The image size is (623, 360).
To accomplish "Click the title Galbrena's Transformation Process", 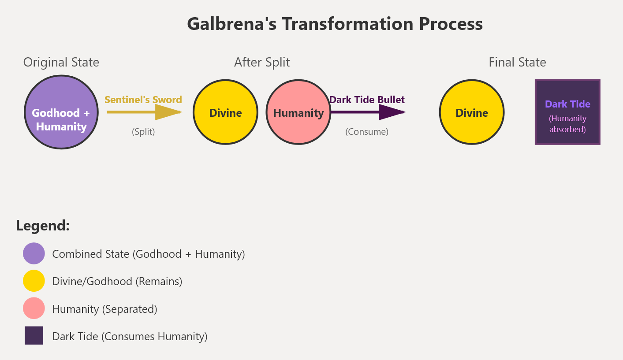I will (335, 23).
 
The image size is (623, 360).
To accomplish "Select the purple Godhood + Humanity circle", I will (61, 112).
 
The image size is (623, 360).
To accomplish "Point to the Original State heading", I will (61, 63).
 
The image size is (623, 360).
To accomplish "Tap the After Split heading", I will (262, 63).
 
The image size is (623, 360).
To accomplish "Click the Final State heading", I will (517, 63).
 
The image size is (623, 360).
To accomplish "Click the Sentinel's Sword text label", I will (143, 100).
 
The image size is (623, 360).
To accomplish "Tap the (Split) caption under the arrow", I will (143, 132).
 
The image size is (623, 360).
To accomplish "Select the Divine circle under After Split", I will (225, 112).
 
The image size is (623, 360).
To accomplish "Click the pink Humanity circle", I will (298, 112).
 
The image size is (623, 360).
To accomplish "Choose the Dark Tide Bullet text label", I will (367, 100).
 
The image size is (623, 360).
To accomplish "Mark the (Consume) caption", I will (367, 132).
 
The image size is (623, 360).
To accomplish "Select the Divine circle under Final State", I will (472, 112).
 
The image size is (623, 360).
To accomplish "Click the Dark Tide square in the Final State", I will (567, 112).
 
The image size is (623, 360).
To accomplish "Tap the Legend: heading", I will (43, 226).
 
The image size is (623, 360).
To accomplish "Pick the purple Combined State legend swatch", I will (34, 254).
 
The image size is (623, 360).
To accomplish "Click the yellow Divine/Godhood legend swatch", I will (34, 281).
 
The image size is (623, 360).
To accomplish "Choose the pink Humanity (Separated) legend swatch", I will (34, 308).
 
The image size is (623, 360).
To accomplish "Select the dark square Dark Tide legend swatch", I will (34, 336).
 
